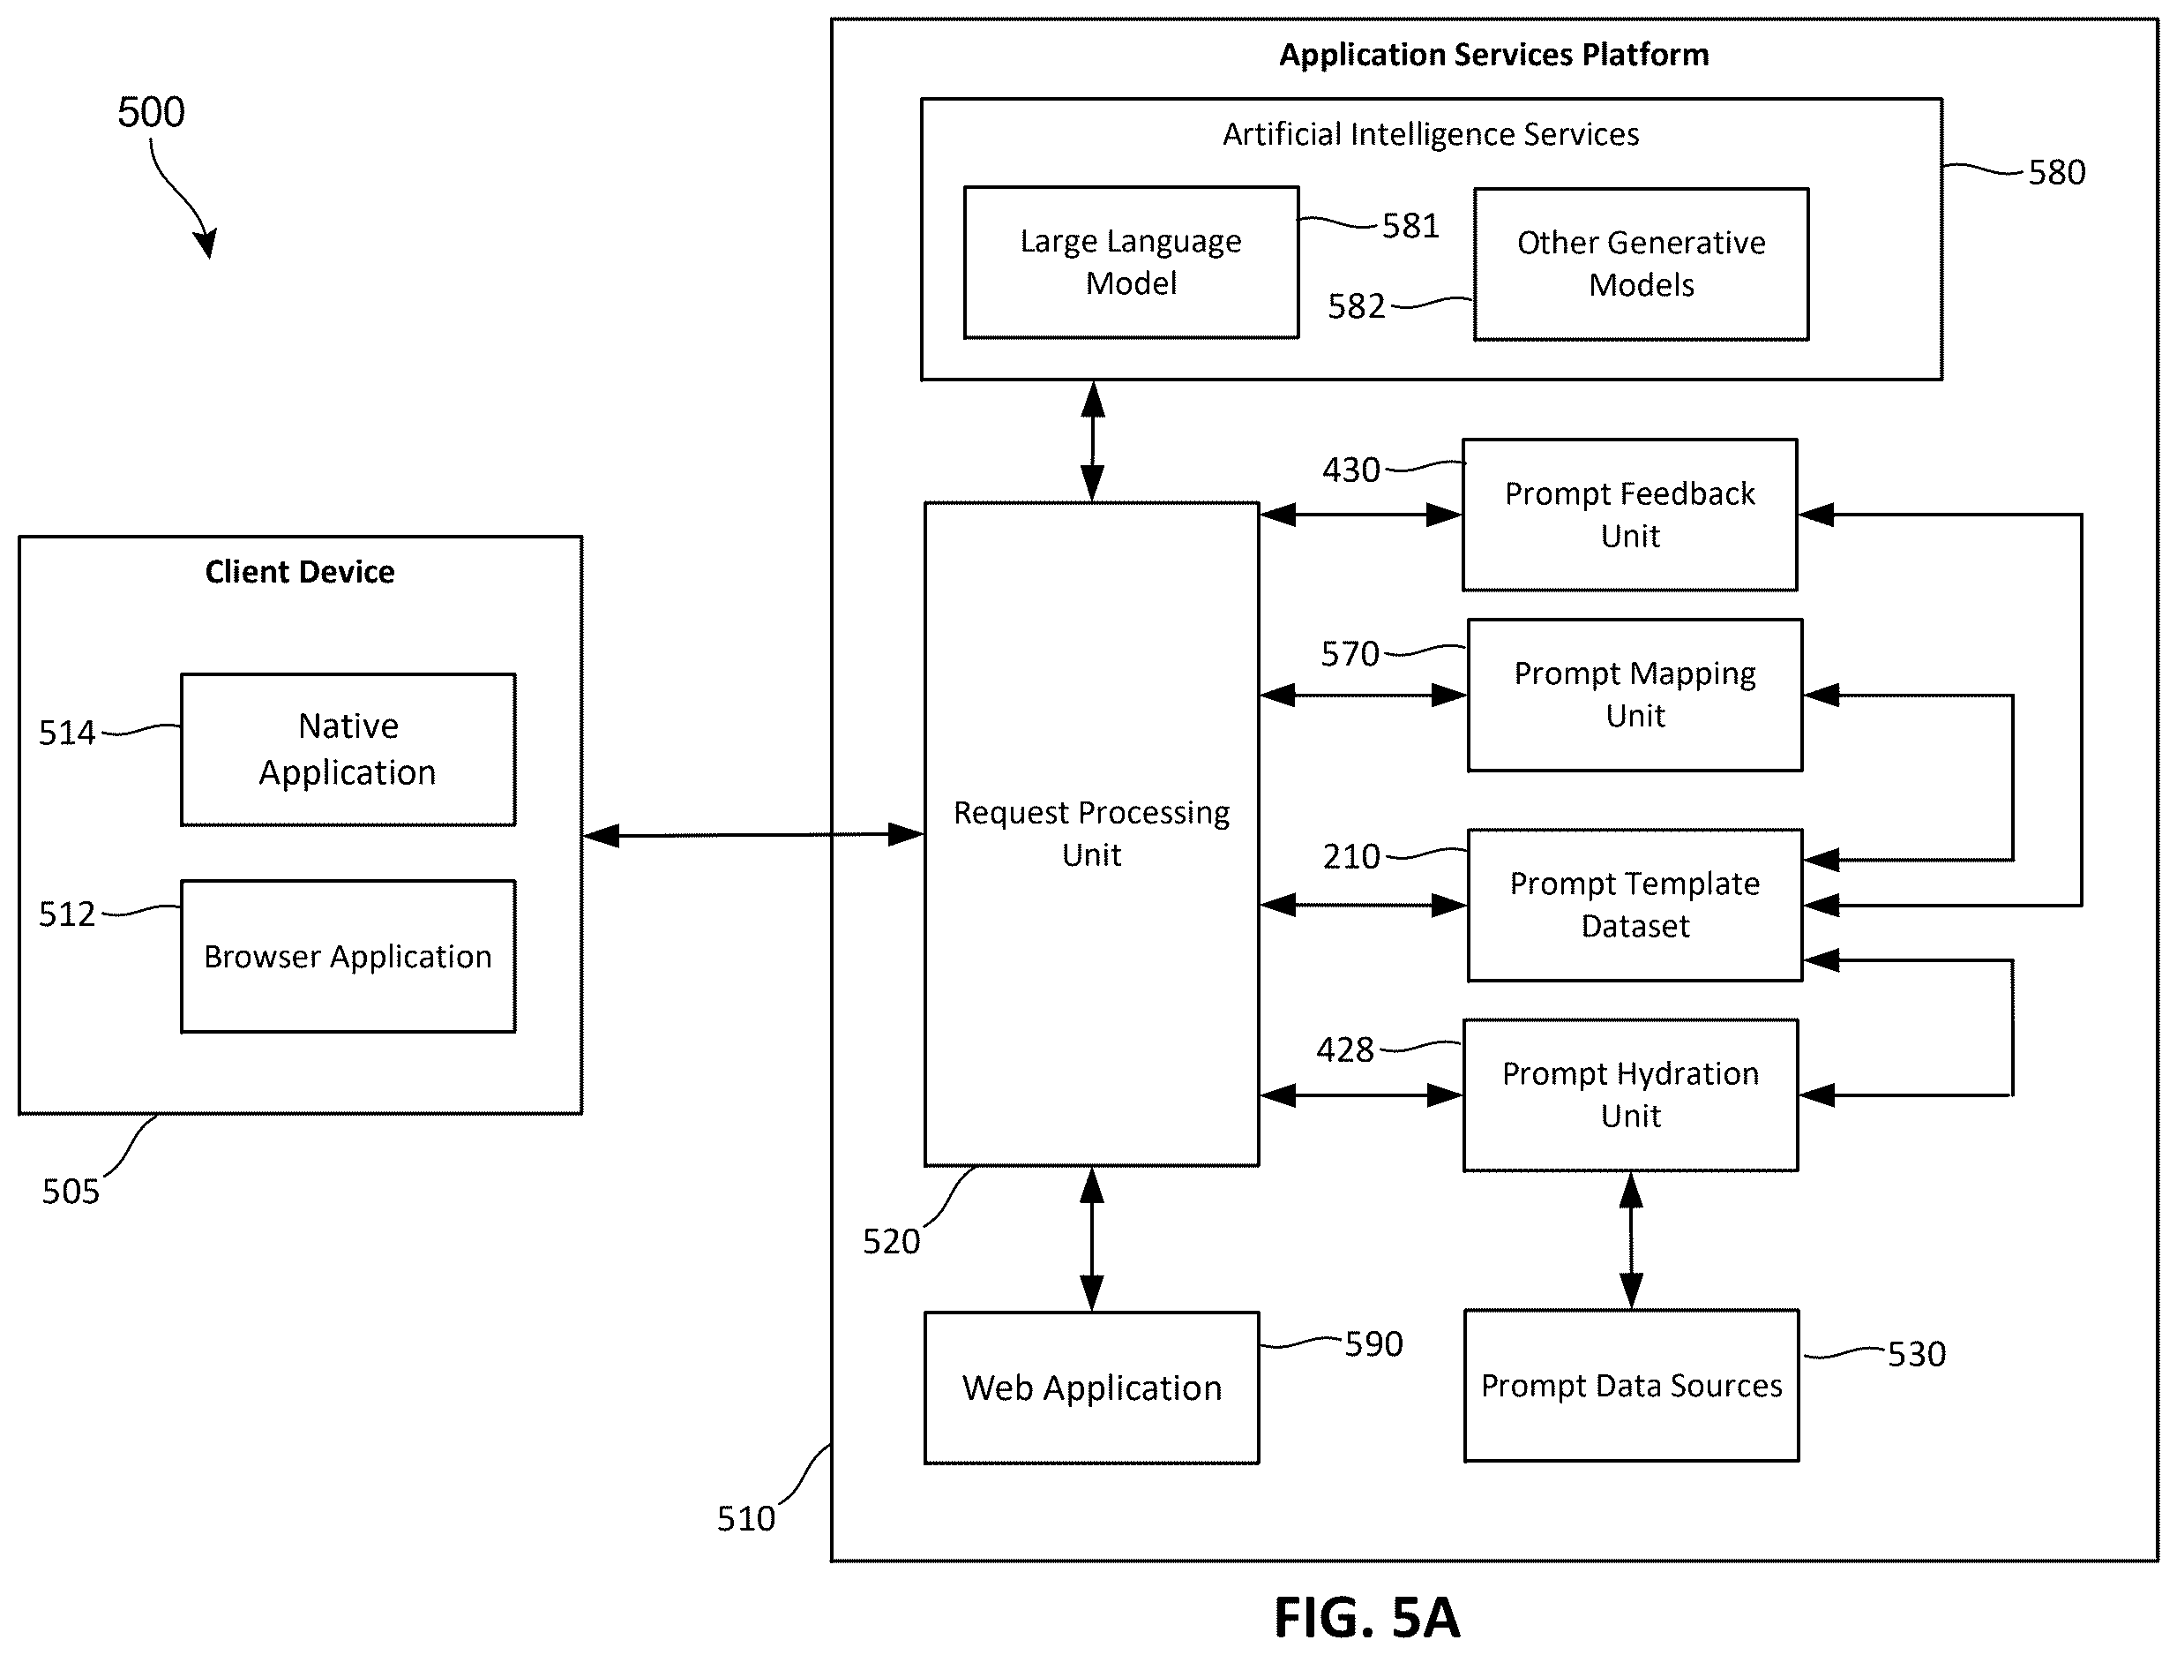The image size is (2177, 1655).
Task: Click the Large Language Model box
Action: pos(1132,263)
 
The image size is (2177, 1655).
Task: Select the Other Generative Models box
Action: pos(1642,265)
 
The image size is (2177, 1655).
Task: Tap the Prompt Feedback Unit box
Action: pos(1629,515)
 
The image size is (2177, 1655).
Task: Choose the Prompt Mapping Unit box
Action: pos(1635,696)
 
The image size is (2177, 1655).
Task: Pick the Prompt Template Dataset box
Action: pos(1635,906)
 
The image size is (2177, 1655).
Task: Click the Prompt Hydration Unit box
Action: pos(1630,1095)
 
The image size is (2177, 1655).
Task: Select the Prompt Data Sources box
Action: pos(1632,1386)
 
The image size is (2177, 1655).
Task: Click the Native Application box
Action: pos(348,749)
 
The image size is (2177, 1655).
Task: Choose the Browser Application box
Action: pos(348,957)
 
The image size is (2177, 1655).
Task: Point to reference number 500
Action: pos(151,112)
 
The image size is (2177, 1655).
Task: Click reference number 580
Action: pos(2057,172)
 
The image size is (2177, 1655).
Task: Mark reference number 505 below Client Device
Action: pos(71,1192)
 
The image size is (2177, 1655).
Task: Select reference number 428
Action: pos(1345,1050)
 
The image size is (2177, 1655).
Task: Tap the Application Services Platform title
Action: pos(1493,55)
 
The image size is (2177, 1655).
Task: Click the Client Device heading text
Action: pos(299,572)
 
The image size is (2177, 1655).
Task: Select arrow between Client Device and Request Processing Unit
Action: pos(753,835)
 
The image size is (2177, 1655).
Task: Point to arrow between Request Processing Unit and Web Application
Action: pos(1092,1239)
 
